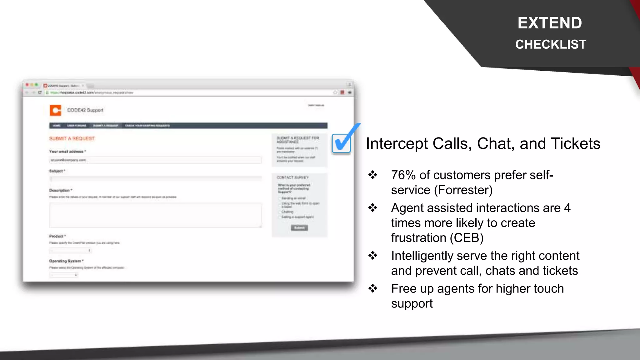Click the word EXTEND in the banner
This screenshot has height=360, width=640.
[x=550, y=23]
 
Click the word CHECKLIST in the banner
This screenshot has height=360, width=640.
[x=551, y=44]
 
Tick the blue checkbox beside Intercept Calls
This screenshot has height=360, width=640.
[x=341, y=143]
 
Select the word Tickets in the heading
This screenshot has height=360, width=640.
[x=575, y=144]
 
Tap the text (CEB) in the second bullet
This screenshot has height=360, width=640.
[x=467, y=238]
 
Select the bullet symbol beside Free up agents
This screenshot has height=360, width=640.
[x=372, y=288]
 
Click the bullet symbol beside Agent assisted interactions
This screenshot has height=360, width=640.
[x=372, y=208]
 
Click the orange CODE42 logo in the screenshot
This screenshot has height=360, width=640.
[x=55, y=110]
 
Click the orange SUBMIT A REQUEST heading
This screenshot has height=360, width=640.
[x=72, y=138]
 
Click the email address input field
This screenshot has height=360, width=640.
[x=155, y=160]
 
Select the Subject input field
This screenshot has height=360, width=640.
[x=155, y=179]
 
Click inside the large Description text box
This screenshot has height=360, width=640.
[x=155, y=215]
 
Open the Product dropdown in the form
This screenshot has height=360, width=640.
[x=71, y=250]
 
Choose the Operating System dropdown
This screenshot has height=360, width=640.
[x=64, y=275]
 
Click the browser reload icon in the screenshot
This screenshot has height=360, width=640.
[x=40, y=92]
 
